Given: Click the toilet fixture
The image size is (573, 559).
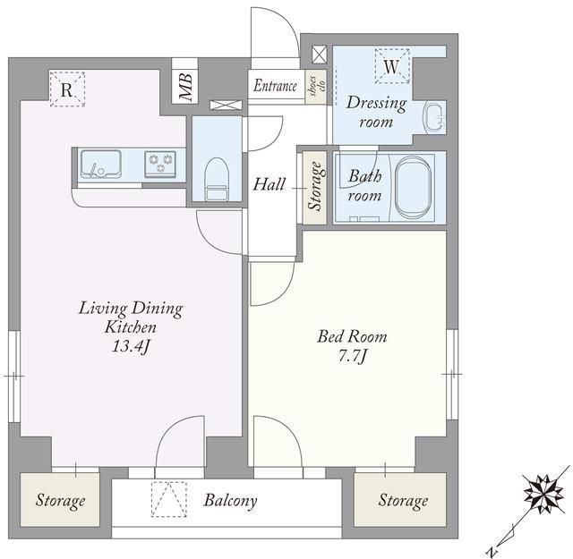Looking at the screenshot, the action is (217, 179).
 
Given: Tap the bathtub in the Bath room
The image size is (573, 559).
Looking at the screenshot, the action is (413, 187).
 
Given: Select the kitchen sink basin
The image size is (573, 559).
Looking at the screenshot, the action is (100, 165).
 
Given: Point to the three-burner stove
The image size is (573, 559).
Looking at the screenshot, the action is (160, 163).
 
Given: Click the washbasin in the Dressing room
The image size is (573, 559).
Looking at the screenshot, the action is (434, 116).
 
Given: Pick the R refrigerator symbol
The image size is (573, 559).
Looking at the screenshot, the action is (67, 89).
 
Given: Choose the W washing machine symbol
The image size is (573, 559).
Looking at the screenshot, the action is (392, 66).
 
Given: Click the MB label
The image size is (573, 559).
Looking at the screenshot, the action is (185, 87).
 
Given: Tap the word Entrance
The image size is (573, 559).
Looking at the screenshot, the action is (275, 86).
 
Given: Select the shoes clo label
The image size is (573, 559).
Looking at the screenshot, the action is (316, 86).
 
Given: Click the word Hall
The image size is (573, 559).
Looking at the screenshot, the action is (269, 184).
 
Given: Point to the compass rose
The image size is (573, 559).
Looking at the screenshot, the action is (543, 494).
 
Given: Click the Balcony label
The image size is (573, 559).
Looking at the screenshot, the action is (231, 500).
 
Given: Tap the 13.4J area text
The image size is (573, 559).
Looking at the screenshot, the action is (131, 346).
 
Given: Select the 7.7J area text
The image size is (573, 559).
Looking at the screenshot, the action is (352, 356).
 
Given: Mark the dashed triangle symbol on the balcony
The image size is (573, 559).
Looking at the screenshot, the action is (169, 499).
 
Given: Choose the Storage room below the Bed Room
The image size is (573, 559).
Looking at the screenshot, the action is (400, 499).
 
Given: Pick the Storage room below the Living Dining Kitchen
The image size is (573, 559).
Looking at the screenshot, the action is (60, 499).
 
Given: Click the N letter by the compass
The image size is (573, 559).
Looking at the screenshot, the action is (494, 551).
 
